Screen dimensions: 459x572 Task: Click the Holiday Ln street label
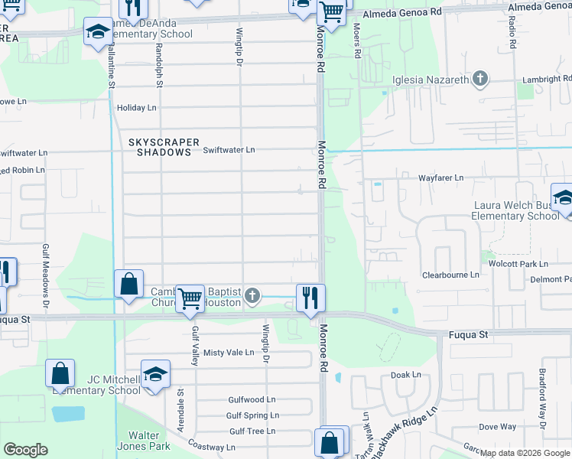[136, 108]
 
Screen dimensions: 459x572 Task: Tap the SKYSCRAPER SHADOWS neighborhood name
[164, 147]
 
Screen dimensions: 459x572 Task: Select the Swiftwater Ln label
[229, 150]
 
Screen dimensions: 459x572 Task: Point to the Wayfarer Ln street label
[440, 178]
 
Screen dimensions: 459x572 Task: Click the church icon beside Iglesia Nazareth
[480, 79]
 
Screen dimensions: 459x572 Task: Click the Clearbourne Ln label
[450, 275]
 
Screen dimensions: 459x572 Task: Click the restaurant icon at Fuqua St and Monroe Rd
[310, 297]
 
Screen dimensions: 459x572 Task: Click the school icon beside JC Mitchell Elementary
[155, 374]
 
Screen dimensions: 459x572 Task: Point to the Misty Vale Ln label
[228, 352]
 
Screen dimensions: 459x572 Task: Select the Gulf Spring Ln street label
[252, 415]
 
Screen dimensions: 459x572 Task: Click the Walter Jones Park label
[138, 440]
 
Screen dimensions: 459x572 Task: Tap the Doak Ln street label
[405, 375]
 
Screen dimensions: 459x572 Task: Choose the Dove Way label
[497, 427]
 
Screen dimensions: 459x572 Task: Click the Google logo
[26, 449]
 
